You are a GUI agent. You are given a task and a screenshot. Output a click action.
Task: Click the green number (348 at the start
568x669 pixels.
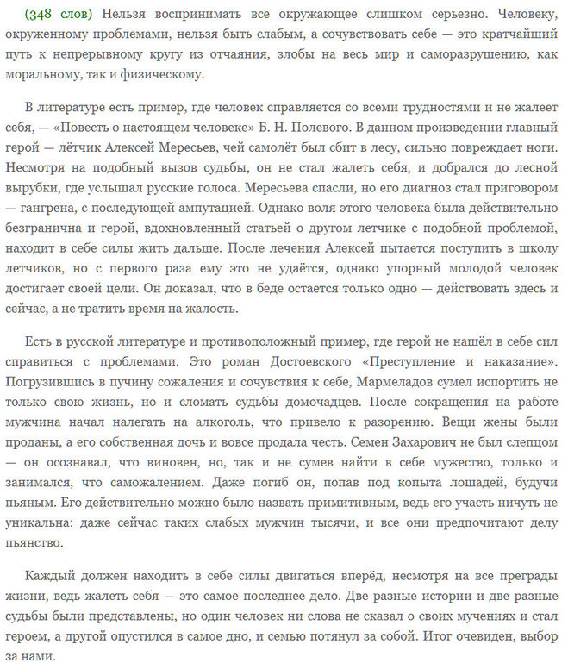click(41, 15)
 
